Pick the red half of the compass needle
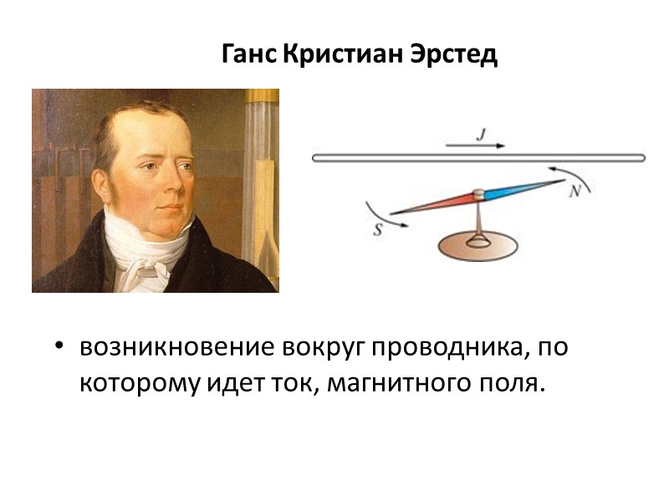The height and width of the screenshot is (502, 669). point(435,202)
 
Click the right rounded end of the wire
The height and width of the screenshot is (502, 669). point(641,156)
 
